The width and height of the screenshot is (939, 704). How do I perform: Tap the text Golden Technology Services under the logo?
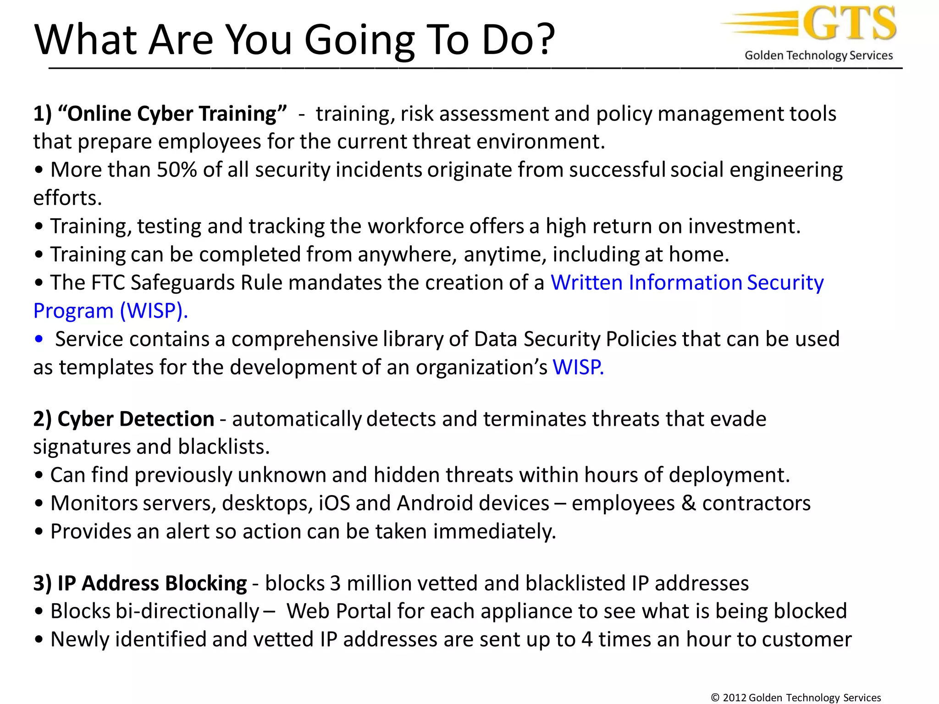tap(818, 55)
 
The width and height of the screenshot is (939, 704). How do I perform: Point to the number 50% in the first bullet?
tap(177, 170)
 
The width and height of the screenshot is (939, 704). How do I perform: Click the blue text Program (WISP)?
tap(110, 311)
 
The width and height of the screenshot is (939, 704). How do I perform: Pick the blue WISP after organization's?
tap(577, 368)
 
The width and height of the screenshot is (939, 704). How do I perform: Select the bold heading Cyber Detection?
tap(135, 419)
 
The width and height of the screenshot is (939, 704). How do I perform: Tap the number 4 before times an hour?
tap(587, 640)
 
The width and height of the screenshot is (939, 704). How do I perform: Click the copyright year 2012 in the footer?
tap(734, 698)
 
